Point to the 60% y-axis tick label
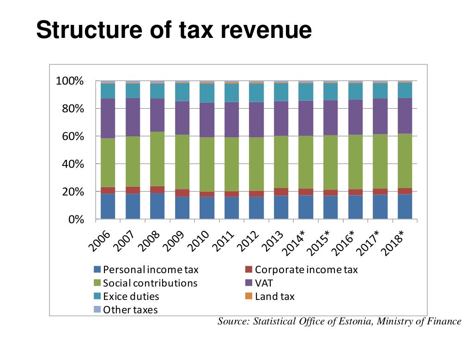73,136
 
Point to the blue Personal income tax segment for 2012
256,207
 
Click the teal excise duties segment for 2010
207,93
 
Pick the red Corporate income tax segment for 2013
281,192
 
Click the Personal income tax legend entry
146,269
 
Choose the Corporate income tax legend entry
301,269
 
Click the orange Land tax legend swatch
249,296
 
